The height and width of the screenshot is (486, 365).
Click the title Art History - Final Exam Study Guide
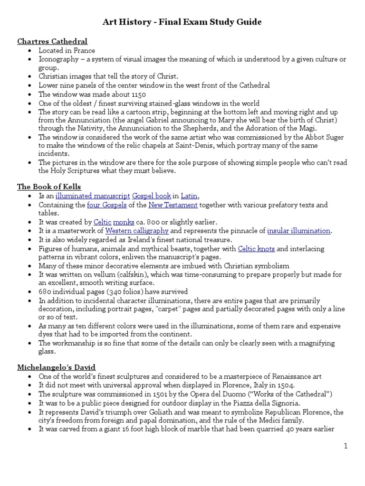pyautogui.click(x=182, y=22)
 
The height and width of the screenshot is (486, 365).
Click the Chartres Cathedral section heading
pyautogui.click(x=52, y=41)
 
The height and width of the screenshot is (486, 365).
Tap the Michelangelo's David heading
pyautogui.click(x=57, y=367)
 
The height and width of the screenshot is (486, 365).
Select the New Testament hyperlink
pyautogui.click(x=173, y=205)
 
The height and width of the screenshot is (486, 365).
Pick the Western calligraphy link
pyautogui.click(x=137, y=231)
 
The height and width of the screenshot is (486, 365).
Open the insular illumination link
pyautogui.click(x=298, y=231)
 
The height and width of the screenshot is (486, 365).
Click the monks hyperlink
pyautogui.click(x=123, y=222)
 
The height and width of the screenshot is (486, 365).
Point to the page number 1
pyautogui.click(x=346, y=446)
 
